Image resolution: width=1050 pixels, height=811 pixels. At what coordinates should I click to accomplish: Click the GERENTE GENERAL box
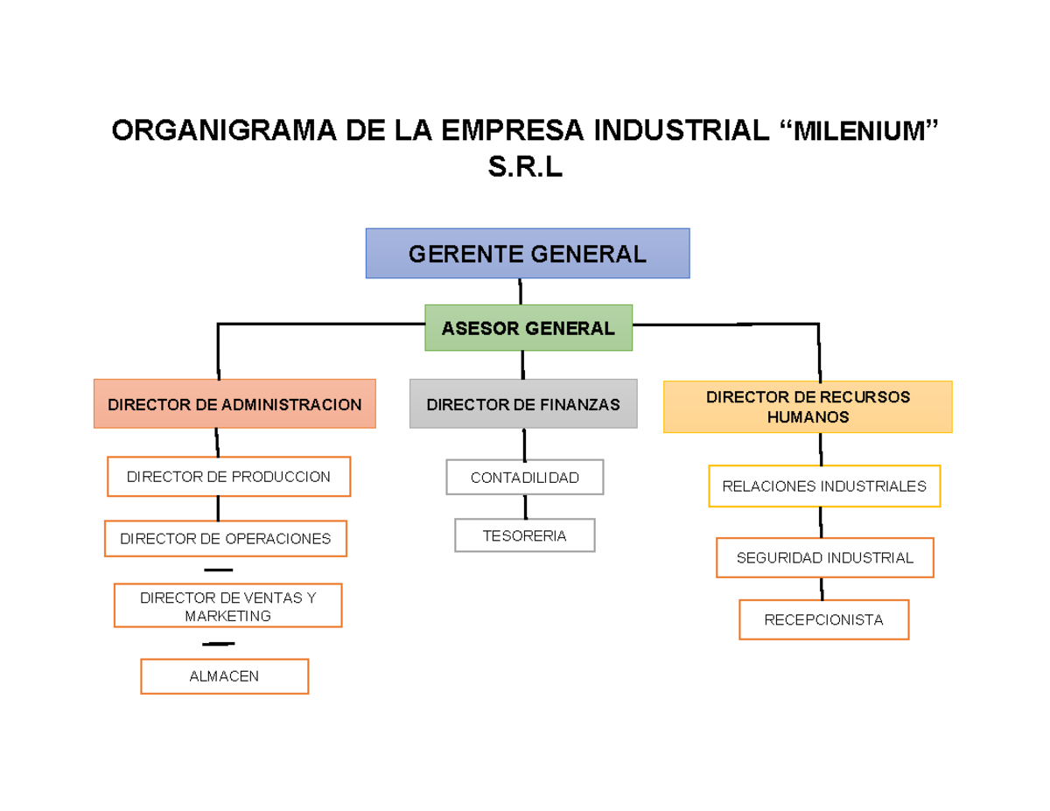pyautogui.click(x=528, y=254)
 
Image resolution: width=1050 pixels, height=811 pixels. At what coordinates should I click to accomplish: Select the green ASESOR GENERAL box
pyautogui.click(x=528, y=328)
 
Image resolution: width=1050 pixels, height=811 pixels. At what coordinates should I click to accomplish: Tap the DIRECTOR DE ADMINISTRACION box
pyautogui.click(x=234, y=403)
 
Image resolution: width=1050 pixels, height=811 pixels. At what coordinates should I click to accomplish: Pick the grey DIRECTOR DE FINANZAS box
pyautogui.click(x=523, y=403)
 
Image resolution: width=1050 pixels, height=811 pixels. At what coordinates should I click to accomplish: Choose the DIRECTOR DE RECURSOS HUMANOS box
pyautogui.click(x=808, y=407)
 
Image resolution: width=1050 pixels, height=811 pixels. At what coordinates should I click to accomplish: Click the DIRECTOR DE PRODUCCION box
pyautogui.click(x=228, y=477)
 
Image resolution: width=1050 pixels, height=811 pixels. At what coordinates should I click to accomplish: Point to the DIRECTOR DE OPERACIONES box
pyautogui.click(x=226, y=538)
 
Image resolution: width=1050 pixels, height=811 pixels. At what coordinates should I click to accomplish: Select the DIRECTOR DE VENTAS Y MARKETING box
pyautogui.click(x=227, y=606)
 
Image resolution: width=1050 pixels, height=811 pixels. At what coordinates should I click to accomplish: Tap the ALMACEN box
pyautogui.click(x=224, y=676)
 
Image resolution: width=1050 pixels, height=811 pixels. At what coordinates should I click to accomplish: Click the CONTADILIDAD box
pyautogui.click(x=524, y=477)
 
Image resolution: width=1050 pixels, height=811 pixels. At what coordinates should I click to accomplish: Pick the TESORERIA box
pyautogui.click(x=524, y=535)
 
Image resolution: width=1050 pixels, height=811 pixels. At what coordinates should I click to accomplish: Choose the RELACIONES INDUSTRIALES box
pyautogui.click(x=823, y=486)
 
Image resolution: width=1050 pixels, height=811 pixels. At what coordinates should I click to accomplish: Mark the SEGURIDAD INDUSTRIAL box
pyautogui.click(x=824, y=557)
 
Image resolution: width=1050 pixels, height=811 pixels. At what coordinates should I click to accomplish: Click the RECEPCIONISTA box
pyautogui.click(x=823, y=619)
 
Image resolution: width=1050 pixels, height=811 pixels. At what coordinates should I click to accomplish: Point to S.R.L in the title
pyautogui.click(x=525, y=166)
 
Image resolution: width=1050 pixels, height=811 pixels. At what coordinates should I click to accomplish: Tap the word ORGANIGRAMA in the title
pyautogui.click(x=223, y=131)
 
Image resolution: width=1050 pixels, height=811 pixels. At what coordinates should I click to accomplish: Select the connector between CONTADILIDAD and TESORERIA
pyautogui.click(x=525, y=507)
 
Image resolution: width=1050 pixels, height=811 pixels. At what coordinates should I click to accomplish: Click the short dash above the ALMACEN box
pyautogui.click(x=218, y=644)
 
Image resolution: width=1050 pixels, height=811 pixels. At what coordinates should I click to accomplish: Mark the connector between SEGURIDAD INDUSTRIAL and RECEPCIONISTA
pyautogui.click(x=822, y=589)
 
